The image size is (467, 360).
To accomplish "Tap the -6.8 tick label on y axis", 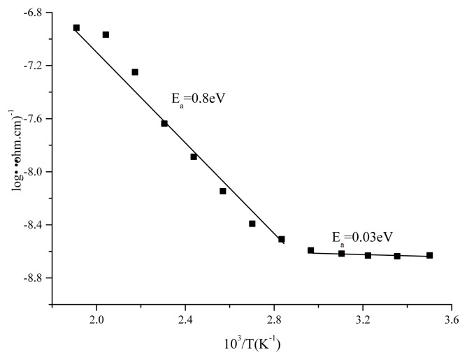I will pos(31,13).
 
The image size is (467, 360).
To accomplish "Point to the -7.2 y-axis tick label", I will pos(31,66).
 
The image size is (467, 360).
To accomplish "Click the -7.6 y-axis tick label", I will pos(31,119).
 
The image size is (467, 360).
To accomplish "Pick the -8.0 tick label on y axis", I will pos(31,172).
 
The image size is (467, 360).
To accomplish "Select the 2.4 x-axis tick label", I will pos(185,320).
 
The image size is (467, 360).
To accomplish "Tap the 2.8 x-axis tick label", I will pos(274,320).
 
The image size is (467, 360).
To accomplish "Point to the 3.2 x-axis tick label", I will pos(363,320).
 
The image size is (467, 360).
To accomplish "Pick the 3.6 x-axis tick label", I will pos(452,320).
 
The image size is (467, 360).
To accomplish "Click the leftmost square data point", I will pos(76,28).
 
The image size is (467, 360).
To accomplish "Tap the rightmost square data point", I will pos(429,255).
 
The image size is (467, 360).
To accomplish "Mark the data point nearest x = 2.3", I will pos(164,124).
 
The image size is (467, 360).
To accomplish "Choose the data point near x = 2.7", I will pos(252,224).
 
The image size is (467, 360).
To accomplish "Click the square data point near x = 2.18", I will pos(135,72).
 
